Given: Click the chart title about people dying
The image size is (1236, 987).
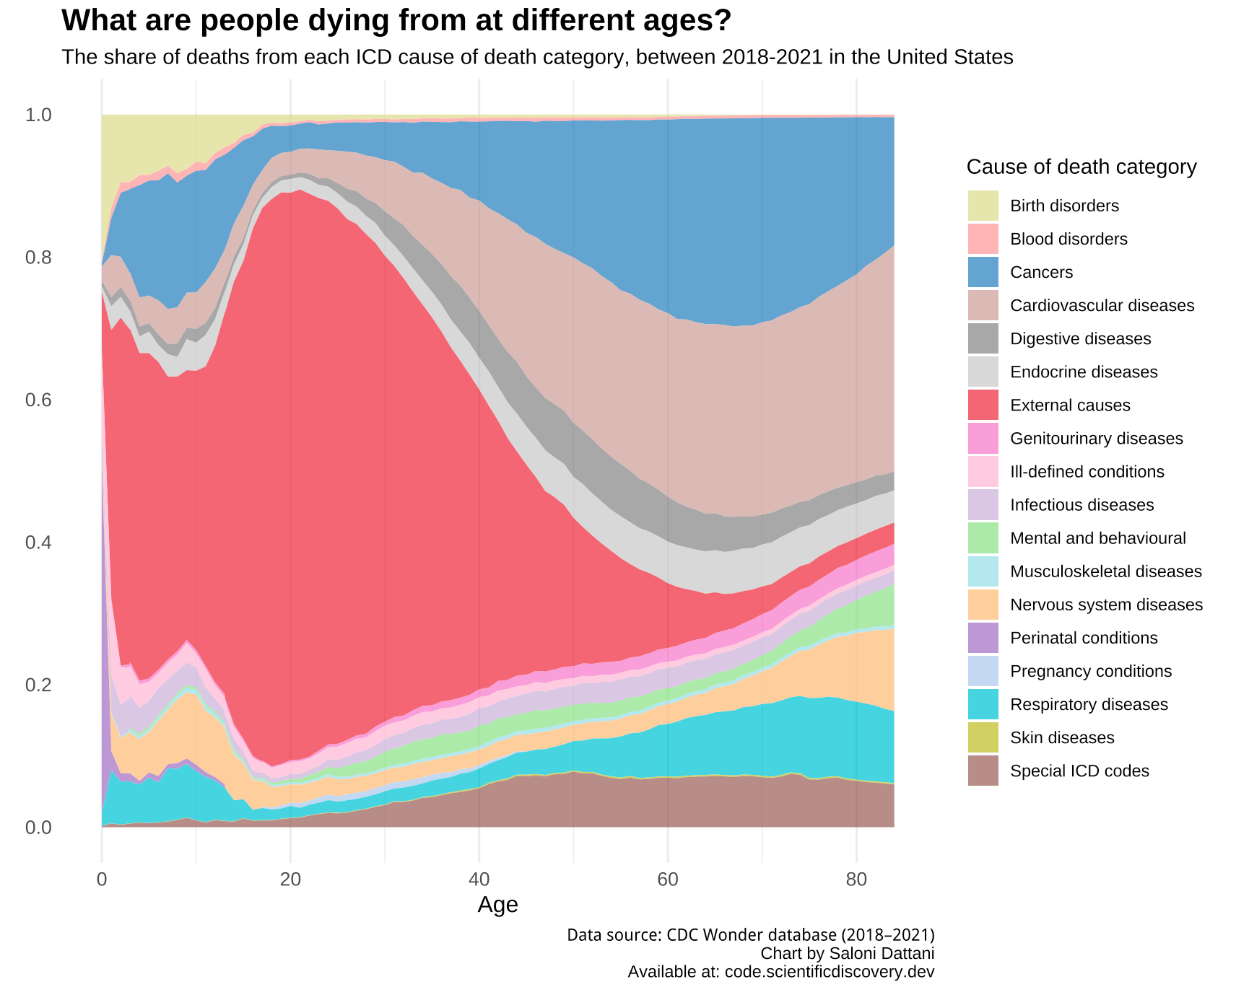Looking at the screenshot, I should (396, 21).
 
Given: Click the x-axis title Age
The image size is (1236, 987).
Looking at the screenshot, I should (497, 905).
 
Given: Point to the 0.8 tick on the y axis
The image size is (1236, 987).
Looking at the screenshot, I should (39, 258).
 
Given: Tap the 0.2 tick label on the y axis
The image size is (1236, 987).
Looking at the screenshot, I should (39, 685).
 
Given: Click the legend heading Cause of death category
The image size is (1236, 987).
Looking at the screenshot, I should (1081, 167).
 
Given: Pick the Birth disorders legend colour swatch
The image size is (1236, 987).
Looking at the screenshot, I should (983, 206).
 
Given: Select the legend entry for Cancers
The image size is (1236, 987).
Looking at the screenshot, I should (1041, 272).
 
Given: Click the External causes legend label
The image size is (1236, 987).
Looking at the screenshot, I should (1070, 405).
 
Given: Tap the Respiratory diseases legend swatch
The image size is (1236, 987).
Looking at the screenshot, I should (983, 704).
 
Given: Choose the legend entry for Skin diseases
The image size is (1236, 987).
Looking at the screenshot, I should (1062, 737).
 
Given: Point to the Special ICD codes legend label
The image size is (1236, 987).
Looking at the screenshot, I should (1079, 771).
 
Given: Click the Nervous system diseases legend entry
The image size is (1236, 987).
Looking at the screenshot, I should (1106, 605).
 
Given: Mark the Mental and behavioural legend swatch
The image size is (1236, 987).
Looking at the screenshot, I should (983, 538).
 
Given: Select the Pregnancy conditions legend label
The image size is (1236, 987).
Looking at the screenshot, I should (1091, 671).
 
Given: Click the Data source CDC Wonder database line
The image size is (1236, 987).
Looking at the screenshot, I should (750, 935).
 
